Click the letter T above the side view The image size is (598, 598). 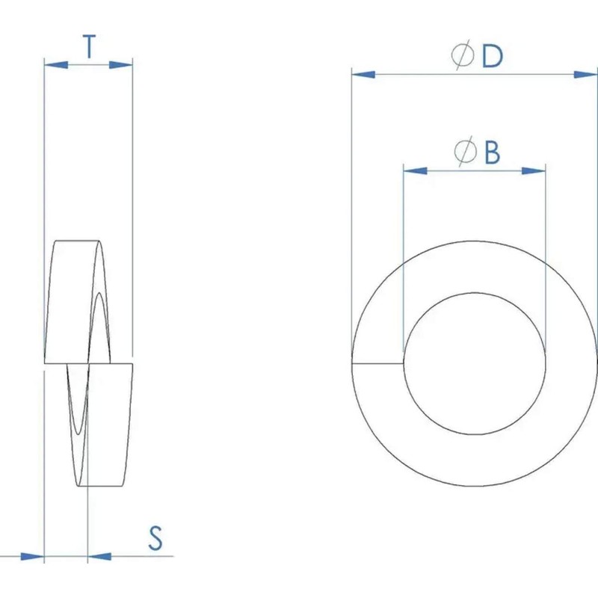(x=89, y=47)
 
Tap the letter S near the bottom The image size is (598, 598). (x=155, y=538)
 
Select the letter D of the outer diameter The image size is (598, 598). (x=491, y=57)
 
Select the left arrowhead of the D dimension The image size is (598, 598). (x=363, y=74)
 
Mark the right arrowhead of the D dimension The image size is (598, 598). (x=587, y=74)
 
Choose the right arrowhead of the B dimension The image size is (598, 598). (x=534, y=171)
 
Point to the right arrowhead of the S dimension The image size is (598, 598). (x=99, y=556)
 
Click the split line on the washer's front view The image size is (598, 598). (x=377, y=364)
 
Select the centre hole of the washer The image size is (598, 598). (x=475, y=363)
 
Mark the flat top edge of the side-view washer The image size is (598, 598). (x=78, y=241)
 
